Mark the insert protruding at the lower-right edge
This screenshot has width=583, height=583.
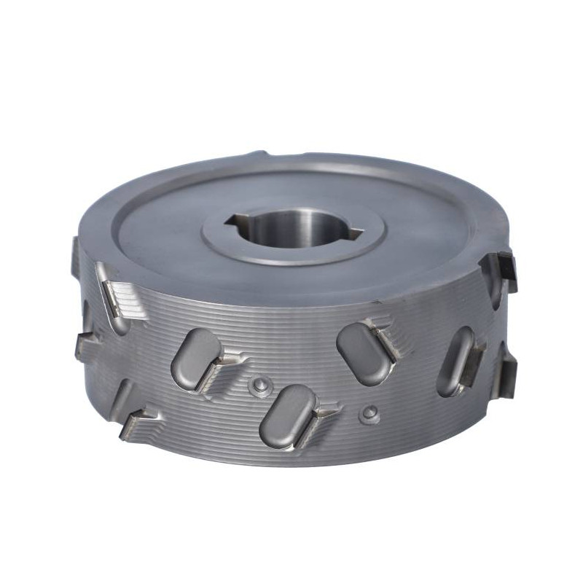coord(506,372)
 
